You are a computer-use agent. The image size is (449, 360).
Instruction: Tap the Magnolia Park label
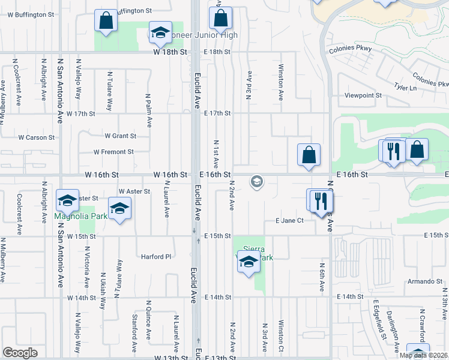pyautogui.click(x=81, y=216)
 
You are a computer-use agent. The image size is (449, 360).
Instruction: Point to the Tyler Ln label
pyautogui.click(x=406, y=88)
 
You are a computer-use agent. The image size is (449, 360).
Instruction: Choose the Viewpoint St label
pyautogui.click(x=363, y=95)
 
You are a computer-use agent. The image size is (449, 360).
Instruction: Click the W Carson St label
pyautogui.click(x=36, y=137)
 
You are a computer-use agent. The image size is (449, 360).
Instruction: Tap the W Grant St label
pyautogui.click(x=120, y=136)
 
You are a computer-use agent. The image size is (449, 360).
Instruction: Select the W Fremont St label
pyautogui.click(x=113, y=152)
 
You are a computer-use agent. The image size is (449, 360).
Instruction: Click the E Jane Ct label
pyautogui.click(x=289, y=221)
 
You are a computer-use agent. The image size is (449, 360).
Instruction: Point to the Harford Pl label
pyautogui.click(x=156, y=257)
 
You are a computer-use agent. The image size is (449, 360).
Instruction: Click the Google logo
pyautogui.click(x=20, y=353)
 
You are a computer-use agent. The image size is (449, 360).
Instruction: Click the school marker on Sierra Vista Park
pyautogui.click(x=248, y=262)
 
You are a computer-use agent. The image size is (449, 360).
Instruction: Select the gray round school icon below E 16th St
pyautogui.click(x=257, y=181)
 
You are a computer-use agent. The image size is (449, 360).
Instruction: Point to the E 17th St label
pyautogui.click(x=217, y=113)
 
